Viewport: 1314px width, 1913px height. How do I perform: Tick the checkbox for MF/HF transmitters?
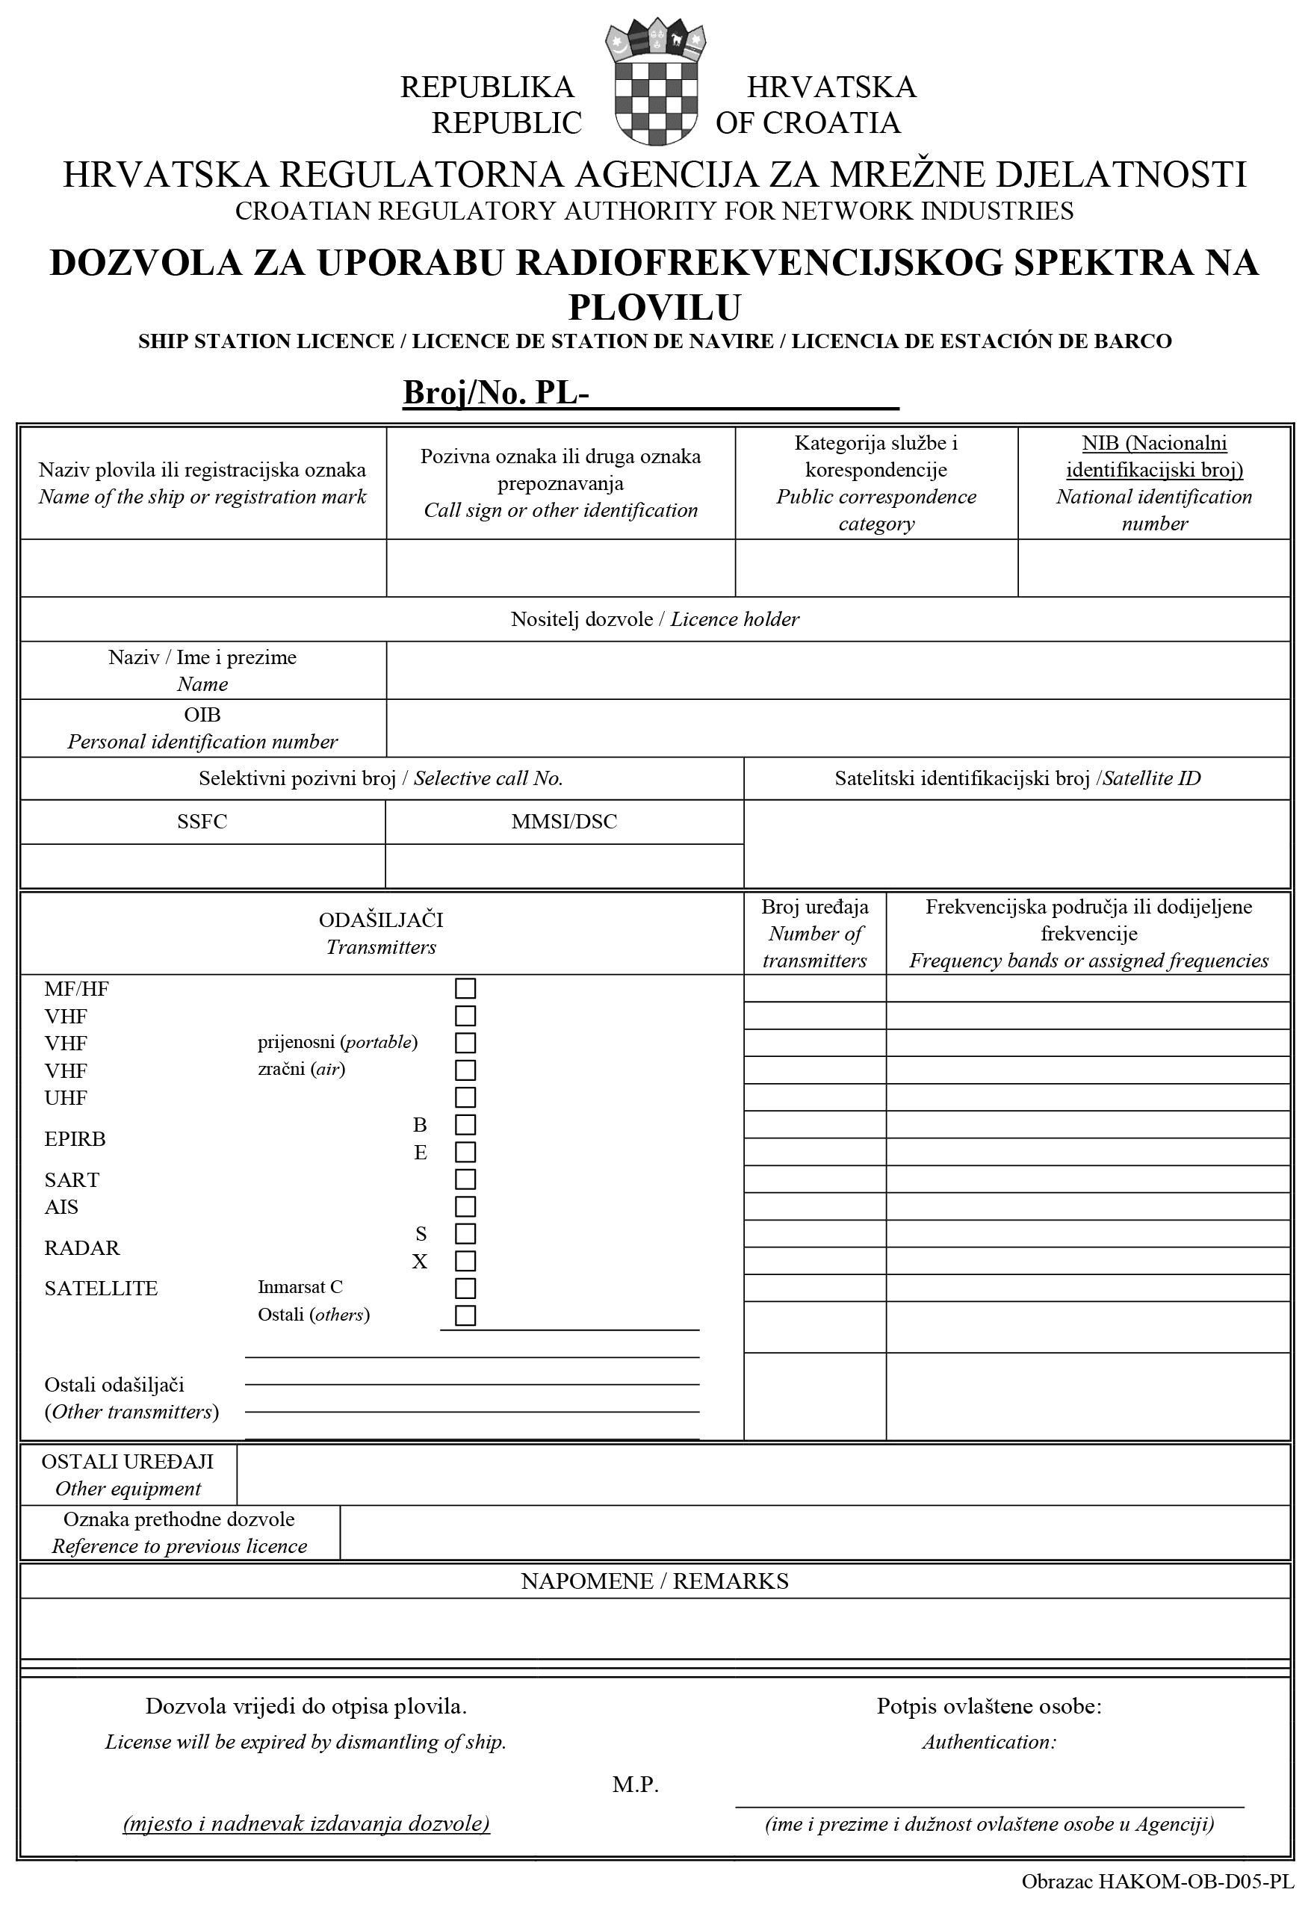point(465,988)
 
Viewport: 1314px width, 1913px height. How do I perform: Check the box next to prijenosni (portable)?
point(465,1043)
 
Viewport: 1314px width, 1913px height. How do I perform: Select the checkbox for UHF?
point(465,1097)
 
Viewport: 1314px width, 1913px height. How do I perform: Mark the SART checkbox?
point(465,1179)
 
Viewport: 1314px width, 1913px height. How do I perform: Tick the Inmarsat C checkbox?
point(465,1289)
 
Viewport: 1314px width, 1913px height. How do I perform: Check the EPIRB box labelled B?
point(465,1124)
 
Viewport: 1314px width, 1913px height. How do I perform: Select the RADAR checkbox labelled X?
point(465,1261)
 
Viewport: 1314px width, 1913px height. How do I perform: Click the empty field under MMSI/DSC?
point(564,866)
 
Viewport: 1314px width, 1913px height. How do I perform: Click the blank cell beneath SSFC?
point(202,866)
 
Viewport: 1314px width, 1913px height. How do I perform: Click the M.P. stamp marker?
point(636,1785)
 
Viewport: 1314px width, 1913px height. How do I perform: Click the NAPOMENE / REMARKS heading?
point(654,1581)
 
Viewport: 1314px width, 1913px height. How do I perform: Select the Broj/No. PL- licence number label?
point(495,394)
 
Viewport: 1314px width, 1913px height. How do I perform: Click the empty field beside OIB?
point(837,728)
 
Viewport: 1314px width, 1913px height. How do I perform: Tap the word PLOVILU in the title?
point(654,307)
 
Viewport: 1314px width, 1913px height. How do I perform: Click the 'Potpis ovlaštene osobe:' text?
point(989,1705)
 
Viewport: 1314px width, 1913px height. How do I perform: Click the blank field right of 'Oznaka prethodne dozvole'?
point(814,1533)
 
